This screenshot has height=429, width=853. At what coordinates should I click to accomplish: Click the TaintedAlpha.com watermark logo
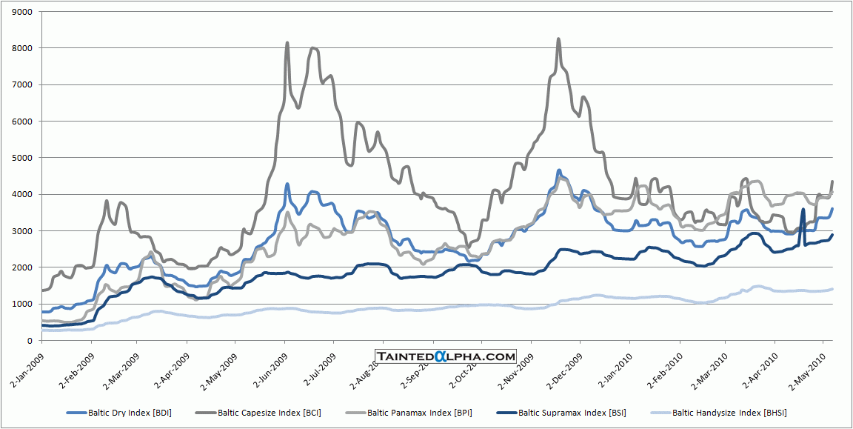[x=446, y=356]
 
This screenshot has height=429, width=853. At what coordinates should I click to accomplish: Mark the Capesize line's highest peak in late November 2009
[x=558, y=39]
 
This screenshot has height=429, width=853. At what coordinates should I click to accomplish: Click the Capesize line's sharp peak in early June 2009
[x=287, y=43]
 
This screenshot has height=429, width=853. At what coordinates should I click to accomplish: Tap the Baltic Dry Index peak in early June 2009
[x=287, y=184]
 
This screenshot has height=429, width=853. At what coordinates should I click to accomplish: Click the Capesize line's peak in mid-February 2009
[x=107, y=200]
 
